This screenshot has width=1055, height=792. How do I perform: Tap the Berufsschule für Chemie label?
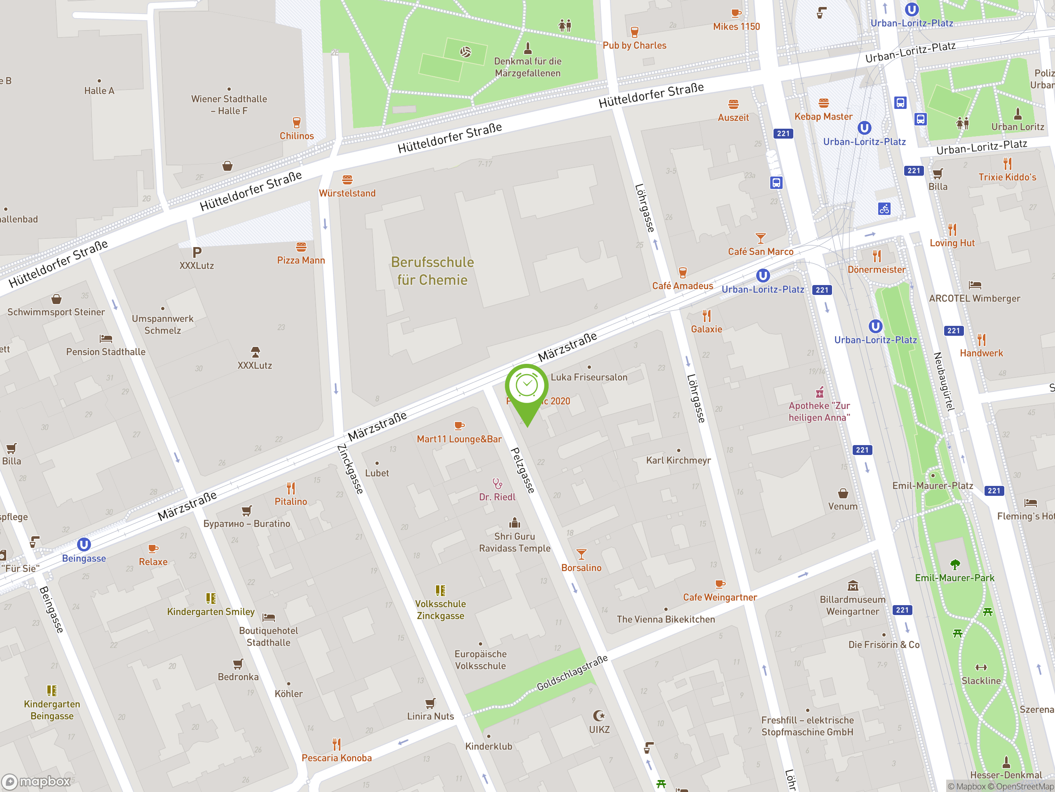pos(432,271)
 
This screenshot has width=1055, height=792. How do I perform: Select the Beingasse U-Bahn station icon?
pos(84,544)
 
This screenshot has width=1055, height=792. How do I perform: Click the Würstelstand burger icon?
pos(347,180)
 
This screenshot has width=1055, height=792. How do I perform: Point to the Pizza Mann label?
pos(301,260)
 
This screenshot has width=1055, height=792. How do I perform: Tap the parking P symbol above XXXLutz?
pos(197,252)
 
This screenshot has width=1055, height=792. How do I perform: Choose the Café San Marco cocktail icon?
pos(760,238)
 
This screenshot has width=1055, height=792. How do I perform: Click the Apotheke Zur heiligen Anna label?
pos(819,412)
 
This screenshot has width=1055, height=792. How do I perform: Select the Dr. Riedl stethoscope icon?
pos(497,483)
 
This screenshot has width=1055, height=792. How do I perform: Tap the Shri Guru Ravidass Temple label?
pos(515,542)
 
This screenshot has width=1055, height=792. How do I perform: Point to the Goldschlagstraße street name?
pos(572,673)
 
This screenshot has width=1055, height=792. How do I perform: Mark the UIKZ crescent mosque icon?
pos(599,716)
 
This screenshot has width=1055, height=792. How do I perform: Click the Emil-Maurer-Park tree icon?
pos(954,565)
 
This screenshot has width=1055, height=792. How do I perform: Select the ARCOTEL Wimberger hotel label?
pos(974,298)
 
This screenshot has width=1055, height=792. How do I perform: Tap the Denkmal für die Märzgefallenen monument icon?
pos(527,48)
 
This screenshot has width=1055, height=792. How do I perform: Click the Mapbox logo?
pos(36,782)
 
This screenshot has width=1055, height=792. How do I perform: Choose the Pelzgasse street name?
pos(523,470)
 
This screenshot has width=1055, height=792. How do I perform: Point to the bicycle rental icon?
pos(884,209)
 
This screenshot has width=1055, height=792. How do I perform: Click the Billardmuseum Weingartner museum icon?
pos(853,586)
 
